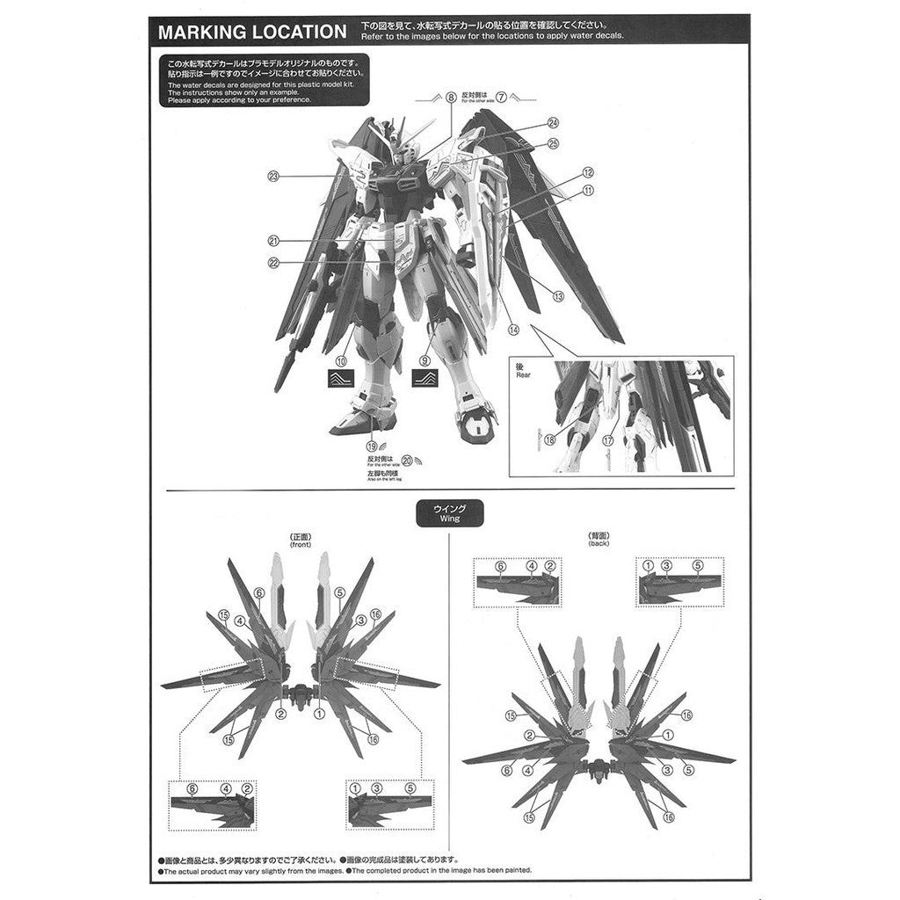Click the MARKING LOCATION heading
coord(251,33)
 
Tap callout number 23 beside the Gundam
coord(273,177)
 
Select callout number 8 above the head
coord(451,99)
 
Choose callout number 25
coord(553,143)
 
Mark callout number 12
coord(588,173)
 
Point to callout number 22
coord(273,262)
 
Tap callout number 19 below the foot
coord(373,446)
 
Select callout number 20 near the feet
coord(407,460)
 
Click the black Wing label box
coord(449,513)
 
